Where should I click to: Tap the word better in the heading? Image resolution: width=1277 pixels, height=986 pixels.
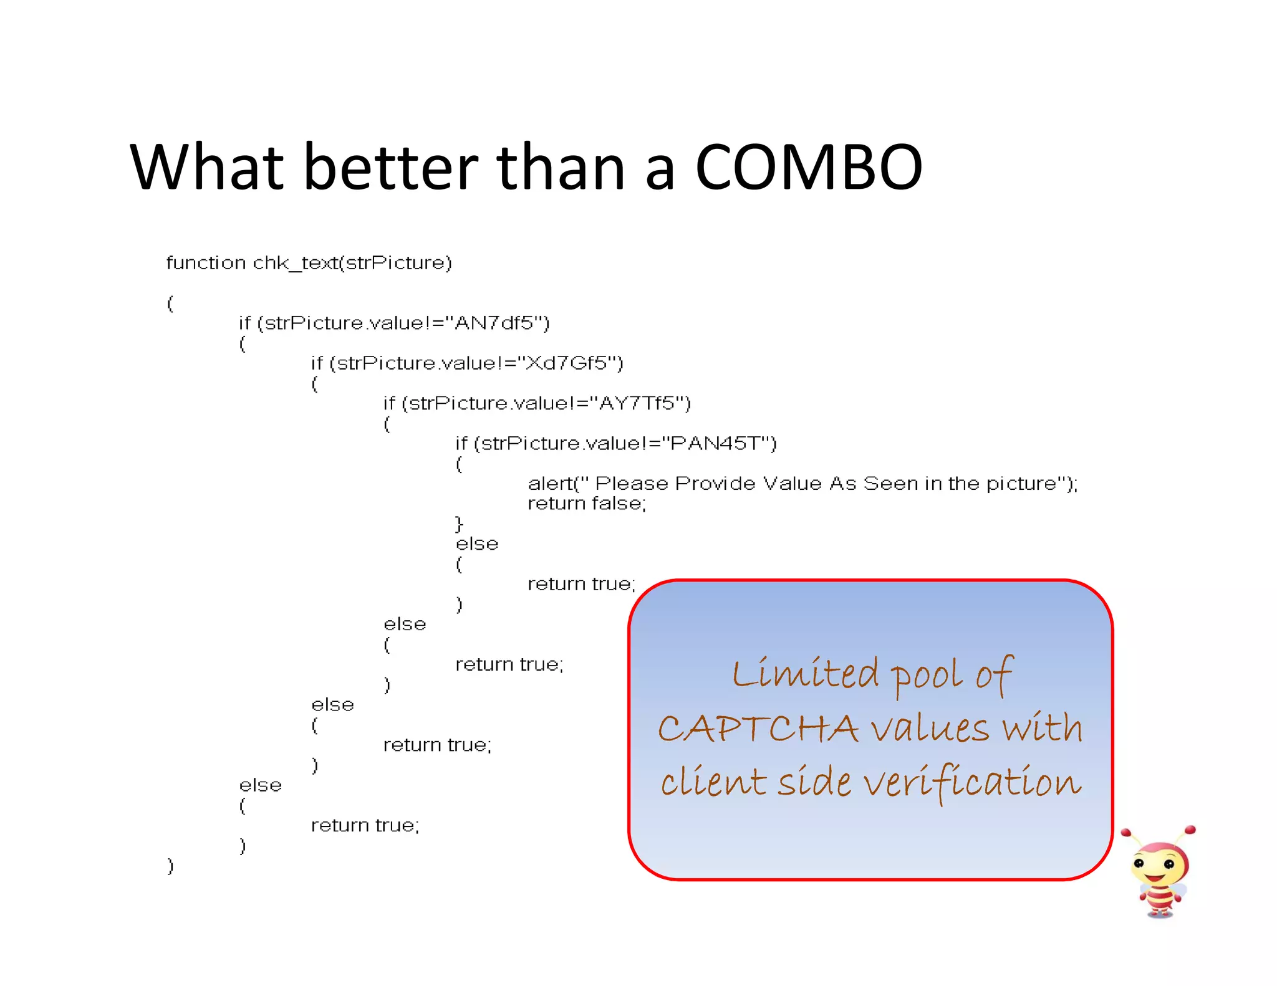point(391,167)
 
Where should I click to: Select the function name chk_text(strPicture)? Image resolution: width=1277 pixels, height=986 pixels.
point(352,263)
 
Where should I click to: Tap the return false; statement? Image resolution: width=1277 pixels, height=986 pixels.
point(586,504)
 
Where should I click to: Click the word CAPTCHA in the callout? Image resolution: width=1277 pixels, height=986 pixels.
point(758,729)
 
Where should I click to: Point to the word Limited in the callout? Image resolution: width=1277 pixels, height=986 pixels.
point(806,674)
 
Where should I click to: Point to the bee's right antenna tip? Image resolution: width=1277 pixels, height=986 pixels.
point(1190,830)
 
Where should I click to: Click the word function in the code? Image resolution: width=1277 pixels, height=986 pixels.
point(206,263)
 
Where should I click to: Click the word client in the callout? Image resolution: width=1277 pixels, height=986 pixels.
point(713,782)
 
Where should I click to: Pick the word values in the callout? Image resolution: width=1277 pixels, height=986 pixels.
point(930,729)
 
